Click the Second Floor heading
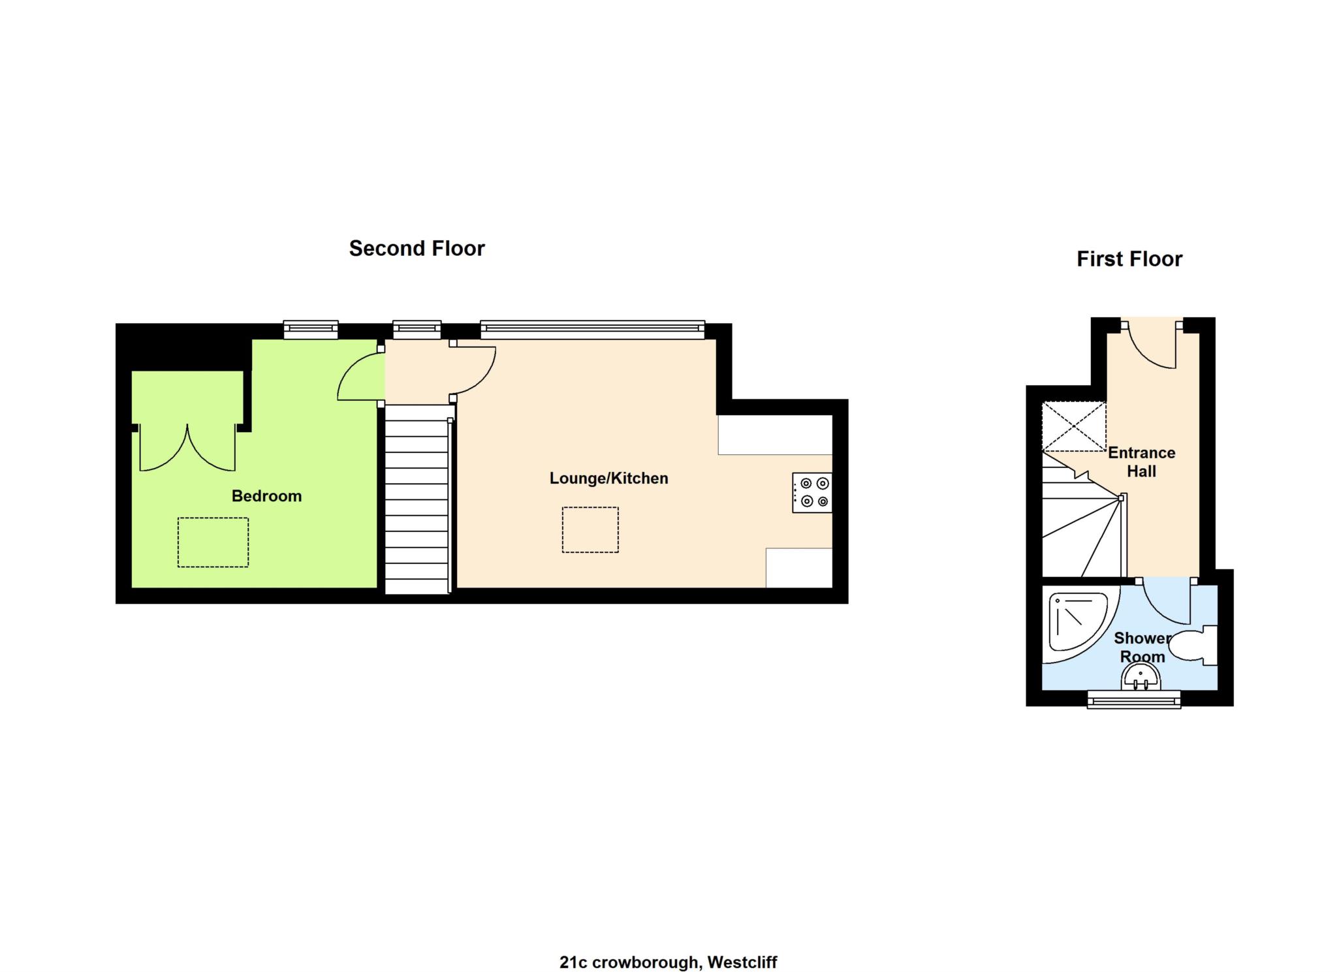417,248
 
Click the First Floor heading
1129,259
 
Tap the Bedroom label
266,496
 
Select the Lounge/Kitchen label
608,478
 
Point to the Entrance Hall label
1141,462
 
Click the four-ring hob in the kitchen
813,492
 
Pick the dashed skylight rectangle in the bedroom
213,542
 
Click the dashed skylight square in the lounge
590,529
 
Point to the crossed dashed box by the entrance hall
1073,427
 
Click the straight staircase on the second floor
417,499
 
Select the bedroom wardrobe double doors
187,448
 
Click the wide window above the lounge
592,330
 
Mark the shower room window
1134,701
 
